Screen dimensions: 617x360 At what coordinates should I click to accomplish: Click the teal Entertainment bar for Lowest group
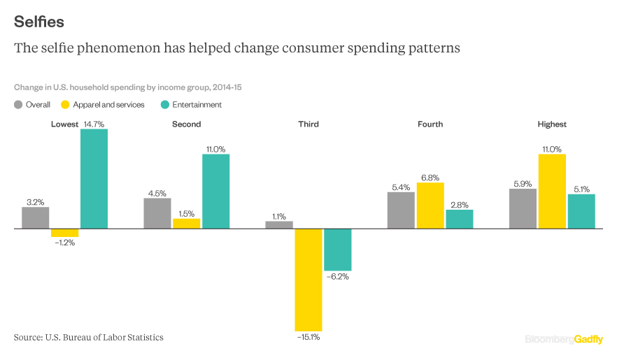point(94,179)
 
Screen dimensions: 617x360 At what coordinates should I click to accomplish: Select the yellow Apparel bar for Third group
point(308,280)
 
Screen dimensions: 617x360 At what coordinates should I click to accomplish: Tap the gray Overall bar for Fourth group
point(401,210)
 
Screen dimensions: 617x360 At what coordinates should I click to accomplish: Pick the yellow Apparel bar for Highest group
point(552,192)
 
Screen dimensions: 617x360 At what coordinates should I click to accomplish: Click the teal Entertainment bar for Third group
point(338,250)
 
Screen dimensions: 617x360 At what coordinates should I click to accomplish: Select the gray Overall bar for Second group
point(157,213)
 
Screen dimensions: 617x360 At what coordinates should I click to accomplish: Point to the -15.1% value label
point(308,337)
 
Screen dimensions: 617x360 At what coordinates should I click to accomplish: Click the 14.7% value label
point(94,124)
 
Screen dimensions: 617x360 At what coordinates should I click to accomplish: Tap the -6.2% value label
point(338,277)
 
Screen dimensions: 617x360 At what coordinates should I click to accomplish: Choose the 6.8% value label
point(430,178)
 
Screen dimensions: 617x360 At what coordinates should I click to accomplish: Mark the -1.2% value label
point(65,243)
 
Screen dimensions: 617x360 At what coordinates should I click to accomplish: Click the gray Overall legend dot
point(18,105)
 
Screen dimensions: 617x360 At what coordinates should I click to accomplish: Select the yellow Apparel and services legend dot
point(65,105)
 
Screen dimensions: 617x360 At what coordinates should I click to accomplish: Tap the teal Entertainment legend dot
point(165,105)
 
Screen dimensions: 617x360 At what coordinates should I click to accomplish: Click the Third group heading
point(308,124)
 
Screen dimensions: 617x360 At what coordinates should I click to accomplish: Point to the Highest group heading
point(552,124)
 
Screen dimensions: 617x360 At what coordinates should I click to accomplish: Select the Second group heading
point(187,124)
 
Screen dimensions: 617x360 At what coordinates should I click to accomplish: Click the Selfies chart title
point(39,22)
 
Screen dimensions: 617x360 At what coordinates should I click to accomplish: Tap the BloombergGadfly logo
point(564,339)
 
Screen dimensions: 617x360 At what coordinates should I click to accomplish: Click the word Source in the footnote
point(27,337)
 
